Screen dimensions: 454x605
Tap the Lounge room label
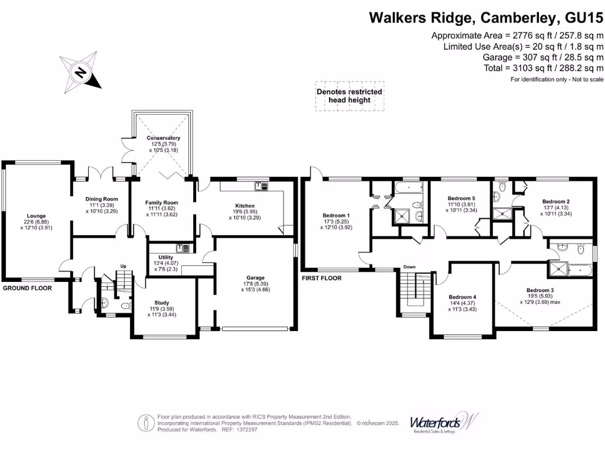click(35, 216)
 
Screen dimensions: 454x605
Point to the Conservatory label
click(164, 138)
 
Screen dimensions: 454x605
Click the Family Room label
click(161, 203)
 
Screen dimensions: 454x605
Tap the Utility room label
click(166, 257)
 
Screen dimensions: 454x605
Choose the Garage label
click(255, 277)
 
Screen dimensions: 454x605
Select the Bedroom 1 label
click(336, 215)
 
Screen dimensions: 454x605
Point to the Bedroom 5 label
click(461, 198)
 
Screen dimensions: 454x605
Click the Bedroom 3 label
click(540, 290)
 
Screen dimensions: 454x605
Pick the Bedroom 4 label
click(462, 297)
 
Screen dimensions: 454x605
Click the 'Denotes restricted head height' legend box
click(349, 96)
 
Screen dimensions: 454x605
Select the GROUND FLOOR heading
click(27, 288)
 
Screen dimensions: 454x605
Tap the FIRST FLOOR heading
click(321, 277)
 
